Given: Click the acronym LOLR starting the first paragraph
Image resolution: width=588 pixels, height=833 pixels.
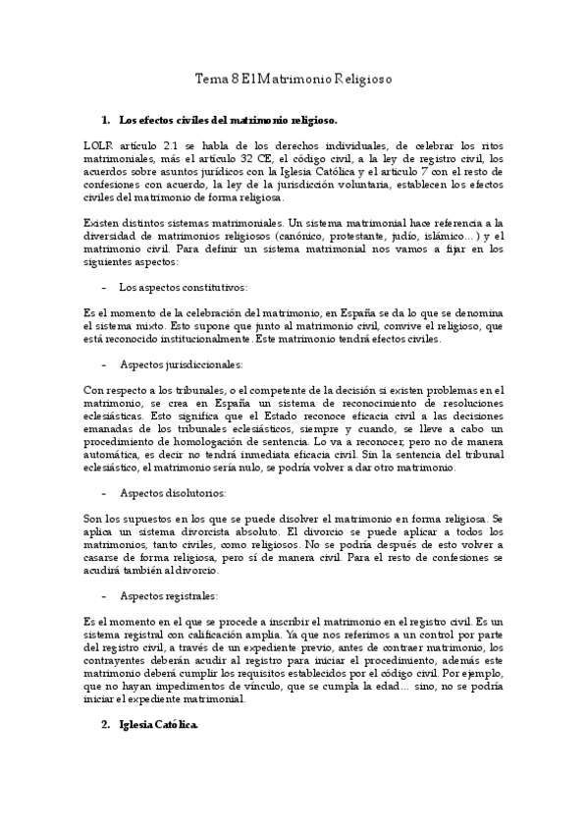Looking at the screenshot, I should tap(100, 144).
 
